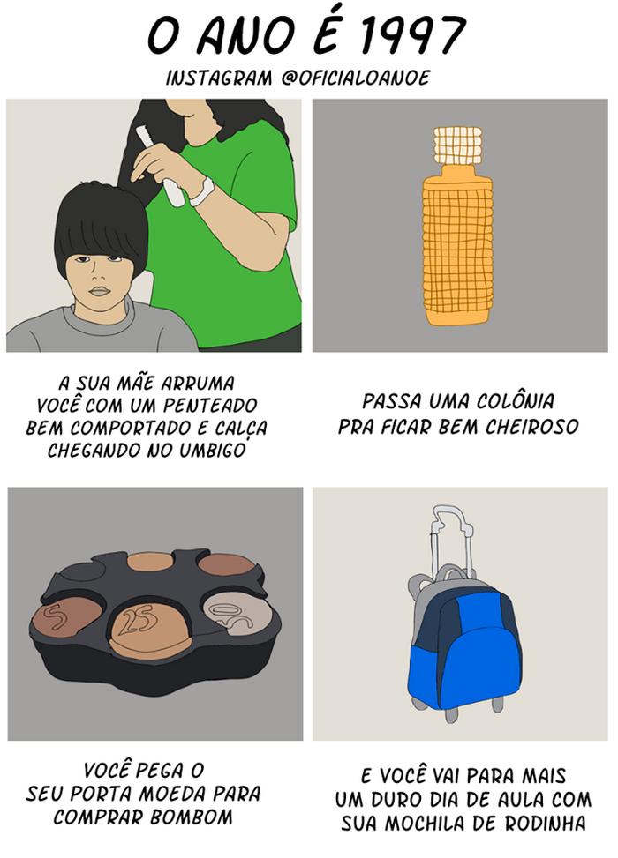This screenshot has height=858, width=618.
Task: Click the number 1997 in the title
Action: (414, 36)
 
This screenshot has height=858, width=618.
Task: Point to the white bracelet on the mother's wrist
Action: (202, 190)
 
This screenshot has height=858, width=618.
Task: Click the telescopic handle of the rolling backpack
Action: (450, 538)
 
